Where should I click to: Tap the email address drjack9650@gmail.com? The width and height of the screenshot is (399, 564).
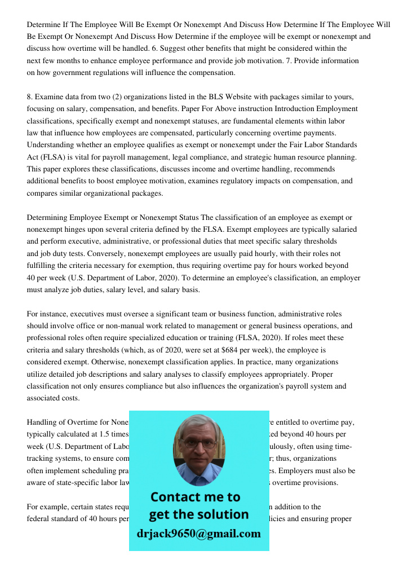tap(199, 534)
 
